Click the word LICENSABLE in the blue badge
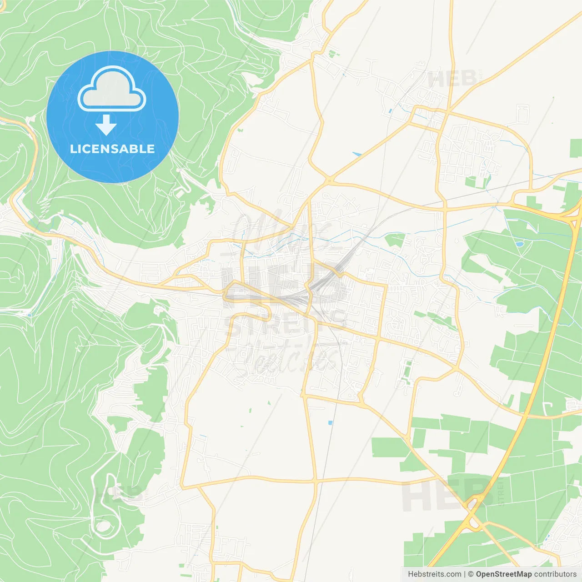112,149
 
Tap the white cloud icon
111,89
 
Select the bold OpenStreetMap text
504,574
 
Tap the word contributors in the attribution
555,574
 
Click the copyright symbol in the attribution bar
471,574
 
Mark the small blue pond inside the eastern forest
519,244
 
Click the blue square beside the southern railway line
330,423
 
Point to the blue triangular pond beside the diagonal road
356,155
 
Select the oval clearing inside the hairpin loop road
103,526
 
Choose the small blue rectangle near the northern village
390,110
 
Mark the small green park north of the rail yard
395,240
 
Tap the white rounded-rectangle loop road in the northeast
523,115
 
